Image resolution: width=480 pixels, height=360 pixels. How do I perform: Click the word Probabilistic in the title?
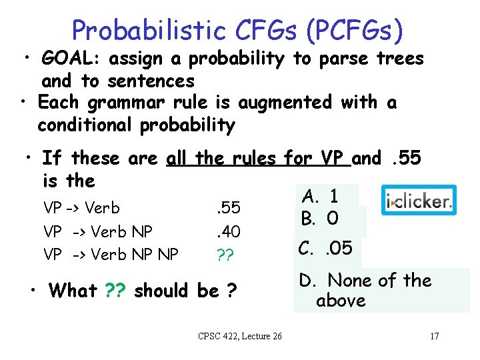click(149, 29)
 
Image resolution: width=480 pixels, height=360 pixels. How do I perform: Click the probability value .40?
click(229, 232)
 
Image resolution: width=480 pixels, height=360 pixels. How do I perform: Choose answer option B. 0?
click(321, 219)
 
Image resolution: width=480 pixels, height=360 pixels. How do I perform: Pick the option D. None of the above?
click(365, 291)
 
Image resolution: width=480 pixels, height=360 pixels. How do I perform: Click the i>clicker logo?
click(419, 201)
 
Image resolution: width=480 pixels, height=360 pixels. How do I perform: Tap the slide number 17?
click(434, 336)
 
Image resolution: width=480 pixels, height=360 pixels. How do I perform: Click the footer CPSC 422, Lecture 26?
click(240, 336)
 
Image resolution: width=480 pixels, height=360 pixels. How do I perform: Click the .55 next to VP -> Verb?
click(229, 208)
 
